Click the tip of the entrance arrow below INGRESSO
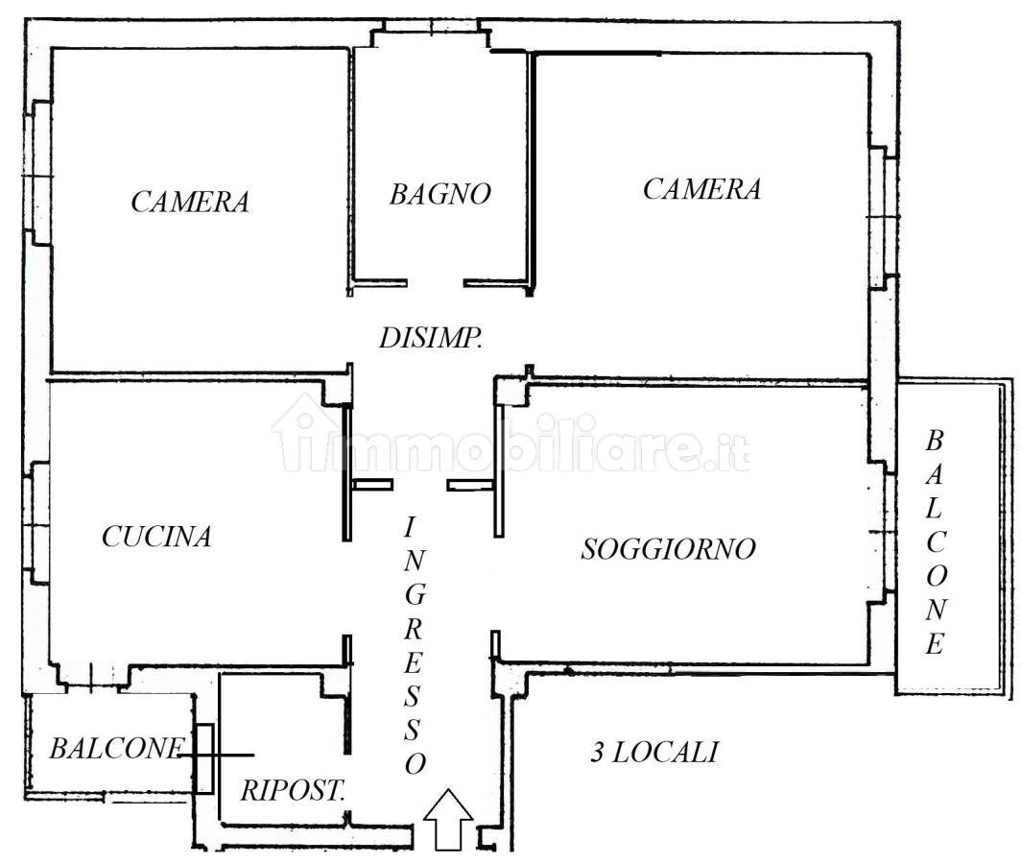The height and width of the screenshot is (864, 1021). pos(449,790)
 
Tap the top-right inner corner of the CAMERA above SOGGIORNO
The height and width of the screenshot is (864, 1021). pos(868,56)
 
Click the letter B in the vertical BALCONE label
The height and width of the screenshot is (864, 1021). pos(935,442)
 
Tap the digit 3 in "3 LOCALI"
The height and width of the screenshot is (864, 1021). pos(597,753)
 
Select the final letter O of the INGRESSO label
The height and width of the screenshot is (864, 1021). pos(416,763)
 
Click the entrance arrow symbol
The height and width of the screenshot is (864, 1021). pos(449,819)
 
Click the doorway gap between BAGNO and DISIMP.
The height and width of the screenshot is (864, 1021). pos(435,283)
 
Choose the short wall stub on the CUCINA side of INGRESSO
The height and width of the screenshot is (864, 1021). pos(373,485)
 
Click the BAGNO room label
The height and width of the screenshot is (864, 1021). pos(440,194)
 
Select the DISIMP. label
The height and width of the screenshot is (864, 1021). pos(431,338)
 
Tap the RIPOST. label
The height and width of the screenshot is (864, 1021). pos(293,790)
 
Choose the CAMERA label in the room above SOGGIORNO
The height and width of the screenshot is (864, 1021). pos(702,189)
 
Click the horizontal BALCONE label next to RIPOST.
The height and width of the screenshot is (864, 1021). pos(117,748)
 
